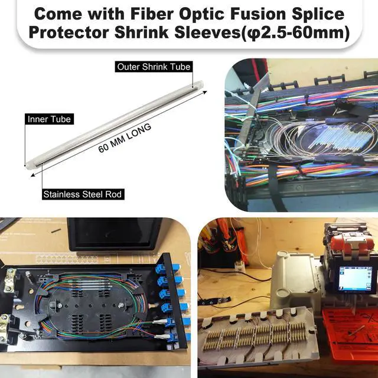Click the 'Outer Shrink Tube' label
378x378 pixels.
point(154,67)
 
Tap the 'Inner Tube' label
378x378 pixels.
point(50,119)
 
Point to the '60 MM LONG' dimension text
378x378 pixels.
point(125,138)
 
